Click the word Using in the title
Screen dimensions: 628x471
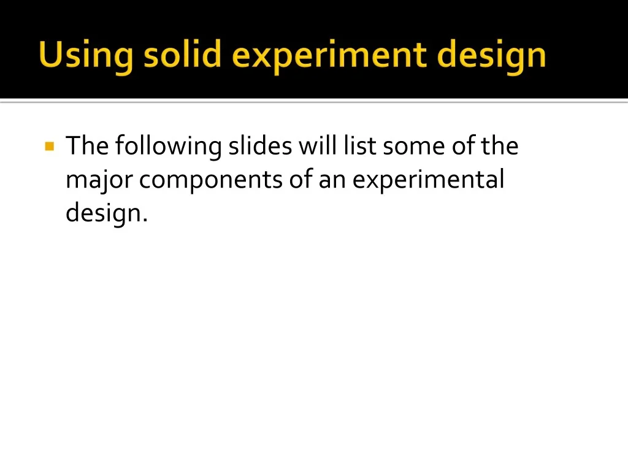click(x=86, y=56)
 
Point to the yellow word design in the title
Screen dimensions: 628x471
click(x=491, y=56)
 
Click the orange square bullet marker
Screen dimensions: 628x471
click(x=50, y=146)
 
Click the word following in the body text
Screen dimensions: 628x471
click(x=168, y=147)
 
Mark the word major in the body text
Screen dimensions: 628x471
click(x=99, y=181)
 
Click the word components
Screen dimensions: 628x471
click(x=211, y=181)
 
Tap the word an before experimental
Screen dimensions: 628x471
click(x=332, y=181)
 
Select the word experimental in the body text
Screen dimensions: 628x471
click(x=428, y=180)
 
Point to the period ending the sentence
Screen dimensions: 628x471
click(x=145, y=220)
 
